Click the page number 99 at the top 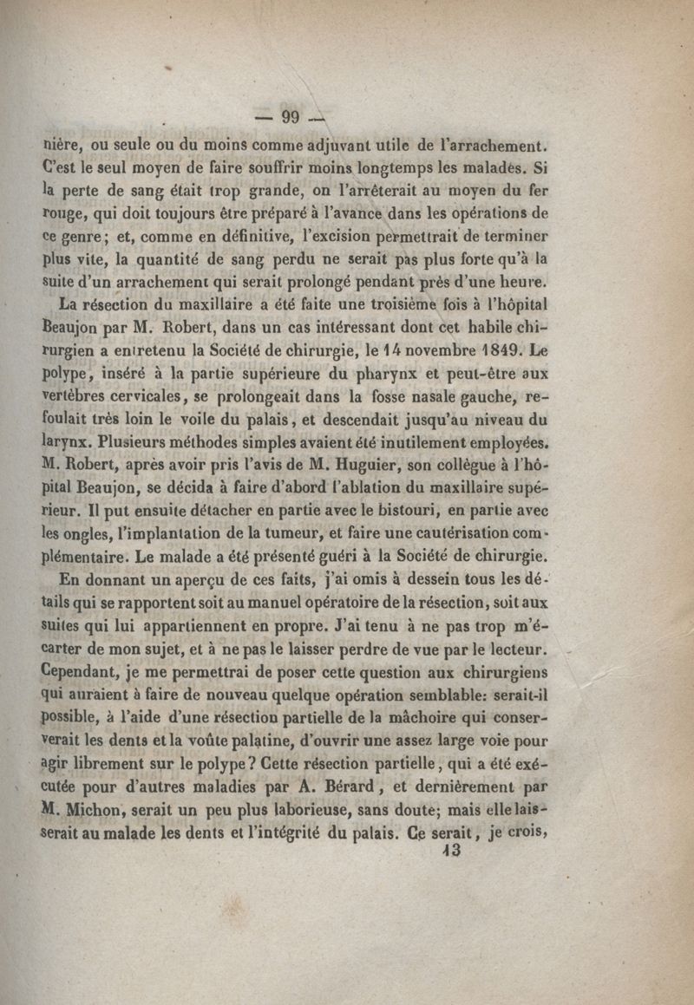[285, 119]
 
